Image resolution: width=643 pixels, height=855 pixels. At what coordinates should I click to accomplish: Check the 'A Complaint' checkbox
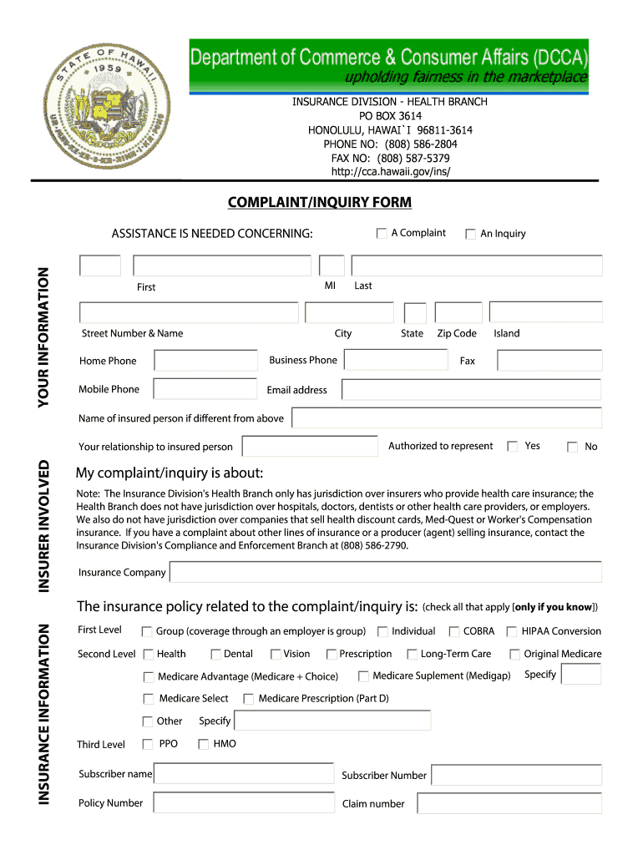click(x=382, y=233)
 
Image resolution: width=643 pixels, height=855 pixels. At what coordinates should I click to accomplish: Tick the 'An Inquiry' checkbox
click(x=471, y=234)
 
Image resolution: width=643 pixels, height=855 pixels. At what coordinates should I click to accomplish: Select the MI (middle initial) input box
click(x=332, y=266)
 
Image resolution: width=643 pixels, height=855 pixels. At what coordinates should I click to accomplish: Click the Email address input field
click(x=471, y=390)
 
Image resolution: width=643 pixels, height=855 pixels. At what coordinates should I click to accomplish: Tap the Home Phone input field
click(x=206, y=361)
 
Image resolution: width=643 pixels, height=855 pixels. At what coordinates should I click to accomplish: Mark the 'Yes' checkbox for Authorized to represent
click(x=513, y=447)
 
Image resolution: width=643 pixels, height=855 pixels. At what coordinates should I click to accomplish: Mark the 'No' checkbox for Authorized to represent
click(x=572, y=447)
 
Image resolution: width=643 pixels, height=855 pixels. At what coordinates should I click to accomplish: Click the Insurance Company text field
click(x=385, y=572)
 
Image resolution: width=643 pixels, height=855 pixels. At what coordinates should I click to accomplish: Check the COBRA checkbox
click(x=455, y=632)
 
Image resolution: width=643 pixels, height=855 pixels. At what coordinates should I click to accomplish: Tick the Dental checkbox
click(x=216, y=655)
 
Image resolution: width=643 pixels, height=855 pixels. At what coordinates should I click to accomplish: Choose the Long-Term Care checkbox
click(x=413, y=655)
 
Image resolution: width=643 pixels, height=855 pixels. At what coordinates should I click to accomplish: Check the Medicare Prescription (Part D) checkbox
click(x=249, y=699)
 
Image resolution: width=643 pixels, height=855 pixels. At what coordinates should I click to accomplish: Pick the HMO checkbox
click(x=203, y=744)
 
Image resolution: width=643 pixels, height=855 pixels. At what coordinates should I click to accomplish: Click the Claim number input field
click(x=509, y=804)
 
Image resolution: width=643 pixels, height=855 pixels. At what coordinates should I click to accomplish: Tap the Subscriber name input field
click(x=244, y=775)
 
